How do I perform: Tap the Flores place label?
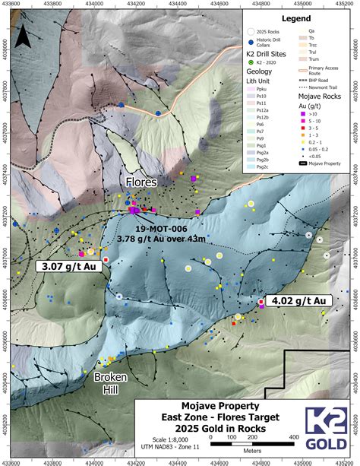click(142, 182)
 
